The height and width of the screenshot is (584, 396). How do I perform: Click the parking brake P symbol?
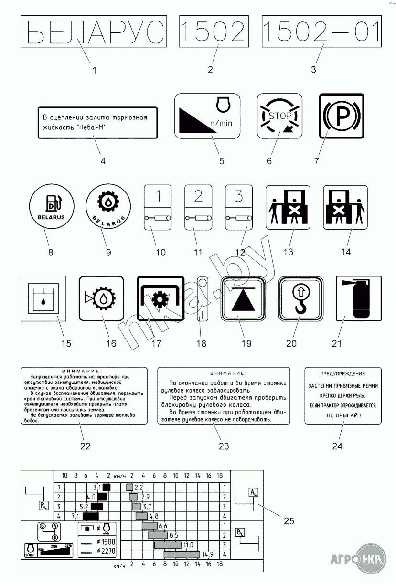coord(341,116)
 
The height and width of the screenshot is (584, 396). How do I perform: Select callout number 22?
coord(85,446)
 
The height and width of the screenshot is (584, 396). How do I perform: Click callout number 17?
coord(156,343)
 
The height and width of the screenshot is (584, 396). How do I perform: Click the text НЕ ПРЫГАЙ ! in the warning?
coord(342,415)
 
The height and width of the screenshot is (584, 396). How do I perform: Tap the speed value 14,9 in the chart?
coord(207,554)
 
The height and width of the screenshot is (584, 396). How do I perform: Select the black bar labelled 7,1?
coord(90,516)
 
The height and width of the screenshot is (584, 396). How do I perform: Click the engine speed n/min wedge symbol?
coord(207,115)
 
